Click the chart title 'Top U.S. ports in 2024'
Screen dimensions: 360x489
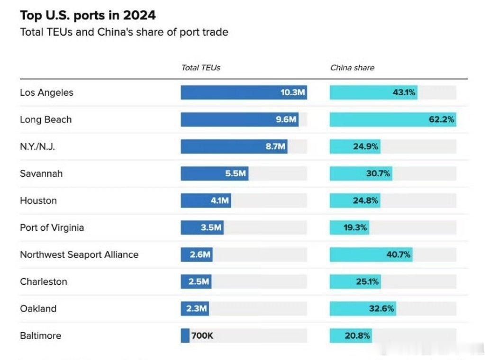[x=88, y=15]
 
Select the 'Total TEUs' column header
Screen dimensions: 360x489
[x=201, y=68]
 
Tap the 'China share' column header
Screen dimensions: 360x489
[x=352, y=68]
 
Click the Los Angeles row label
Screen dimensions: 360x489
[x=46, y=92]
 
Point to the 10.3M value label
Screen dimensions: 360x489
[x=292, y=92]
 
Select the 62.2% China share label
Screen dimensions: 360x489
[x=442, y=119]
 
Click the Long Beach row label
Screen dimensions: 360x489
[x=45, y=119]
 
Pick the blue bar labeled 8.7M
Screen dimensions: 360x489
[x=234, y=146]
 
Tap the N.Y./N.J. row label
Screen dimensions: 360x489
[x=37, y=146]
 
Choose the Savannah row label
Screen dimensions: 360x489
[x=41, y=173]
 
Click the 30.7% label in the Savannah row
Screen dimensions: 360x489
[x=378, y=173]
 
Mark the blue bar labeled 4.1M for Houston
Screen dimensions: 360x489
[x=206, y=200]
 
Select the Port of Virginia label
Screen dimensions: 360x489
[x=52, y=227]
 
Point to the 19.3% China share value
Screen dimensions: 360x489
[x=355, y=227]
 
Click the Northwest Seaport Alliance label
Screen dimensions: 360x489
[x=79, y=254]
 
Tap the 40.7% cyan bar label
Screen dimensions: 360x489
[x=398, y=254]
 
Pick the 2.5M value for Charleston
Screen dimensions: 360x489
[x=199, y=281]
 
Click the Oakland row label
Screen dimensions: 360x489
[x=38, y=308]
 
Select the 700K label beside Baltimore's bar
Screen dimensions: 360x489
[x=202, y=336]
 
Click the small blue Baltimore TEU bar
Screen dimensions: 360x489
[x=185, y=335]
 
